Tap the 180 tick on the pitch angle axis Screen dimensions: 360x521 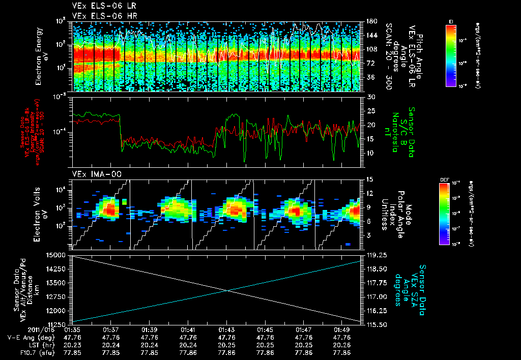click(x=371, y=21)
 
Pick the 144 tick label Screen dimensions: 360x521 click(x=371, y=36)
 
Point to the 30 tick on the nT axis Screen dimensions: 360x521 click(x=370, y=97)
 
